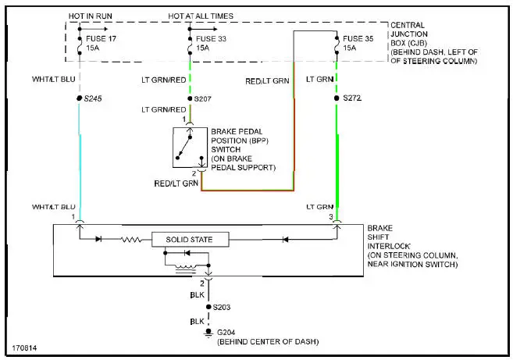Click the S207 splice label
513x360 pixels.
tap(202, 100)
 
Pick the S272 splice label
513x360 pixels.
tap(354, 100)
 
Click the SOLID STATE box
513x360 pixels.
tap(191, 239)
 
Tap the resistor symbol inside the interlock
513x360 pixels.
tap(130, 238)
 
